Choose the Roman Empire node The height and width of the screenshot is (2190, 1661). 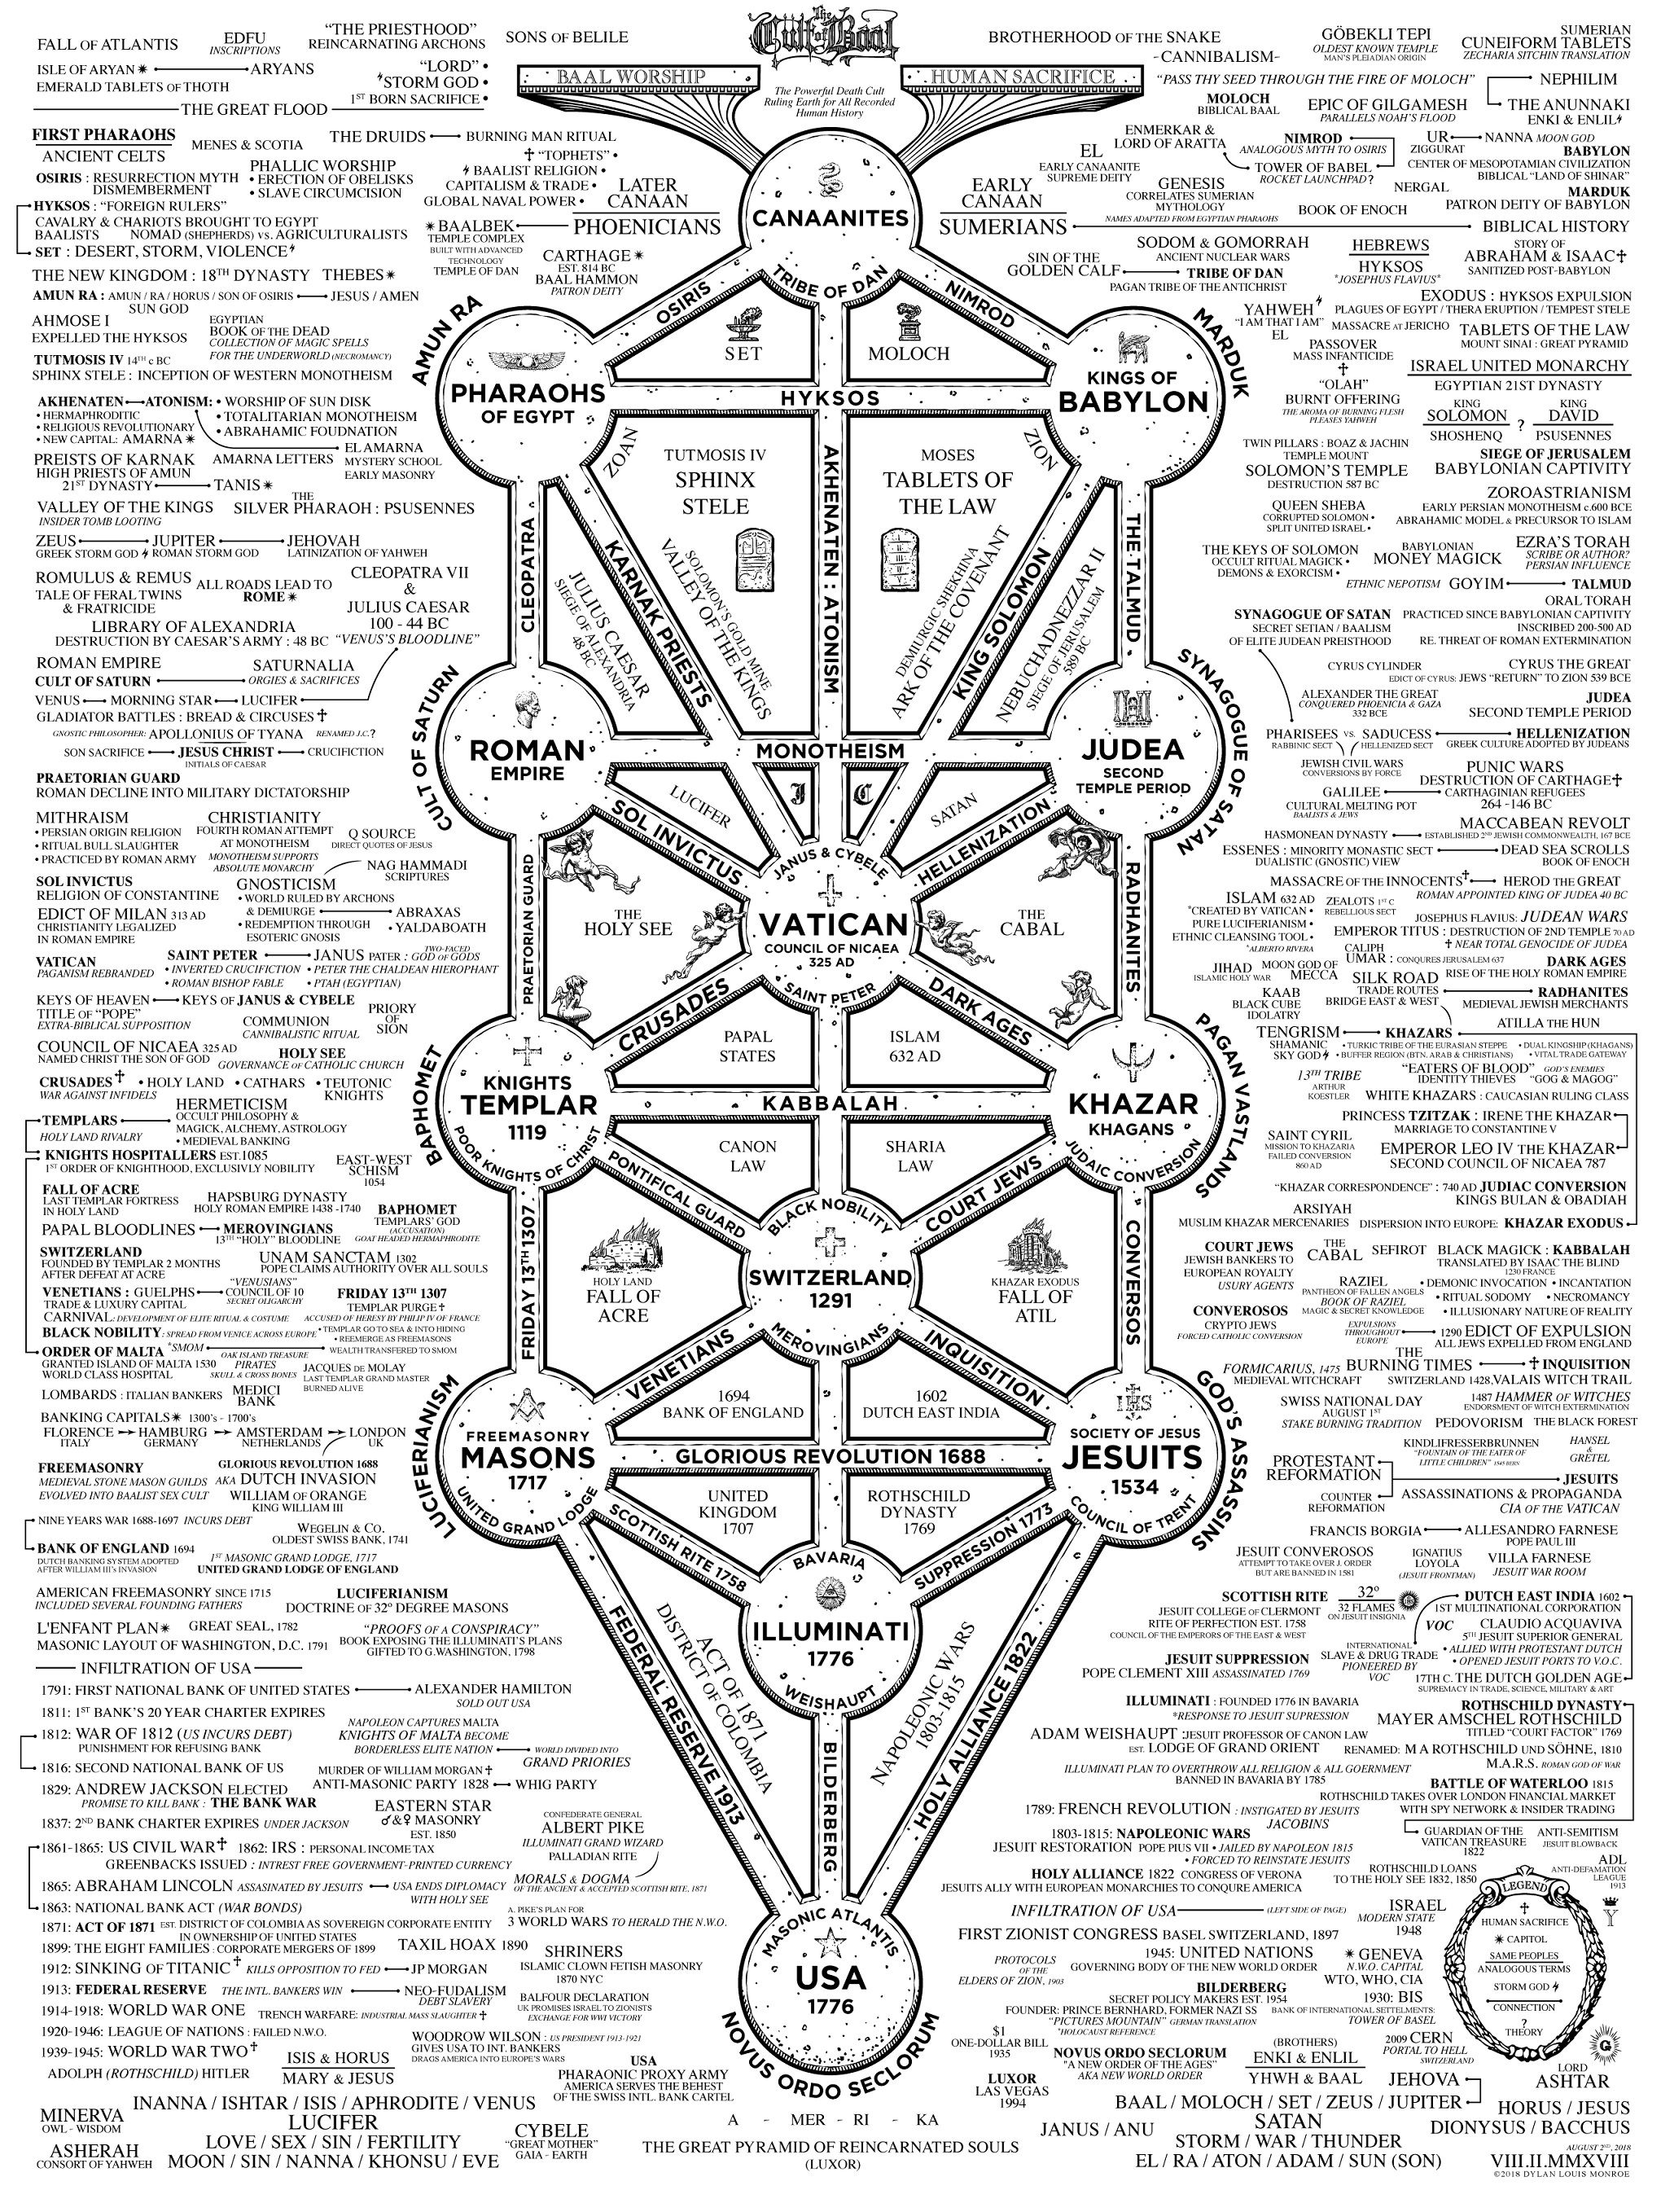tap(528, 757)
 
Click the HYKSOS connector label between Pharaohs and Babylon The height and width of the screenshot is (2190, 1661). tap(830, 397)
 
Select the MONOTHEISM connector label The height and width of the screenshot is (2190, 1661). tap(830, 750)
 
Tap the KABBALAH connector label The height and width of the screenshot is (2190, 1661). tap(830, 1103)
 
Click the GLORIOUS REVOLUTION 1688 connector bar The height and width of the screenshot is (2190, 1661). tap(830, 1456)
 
